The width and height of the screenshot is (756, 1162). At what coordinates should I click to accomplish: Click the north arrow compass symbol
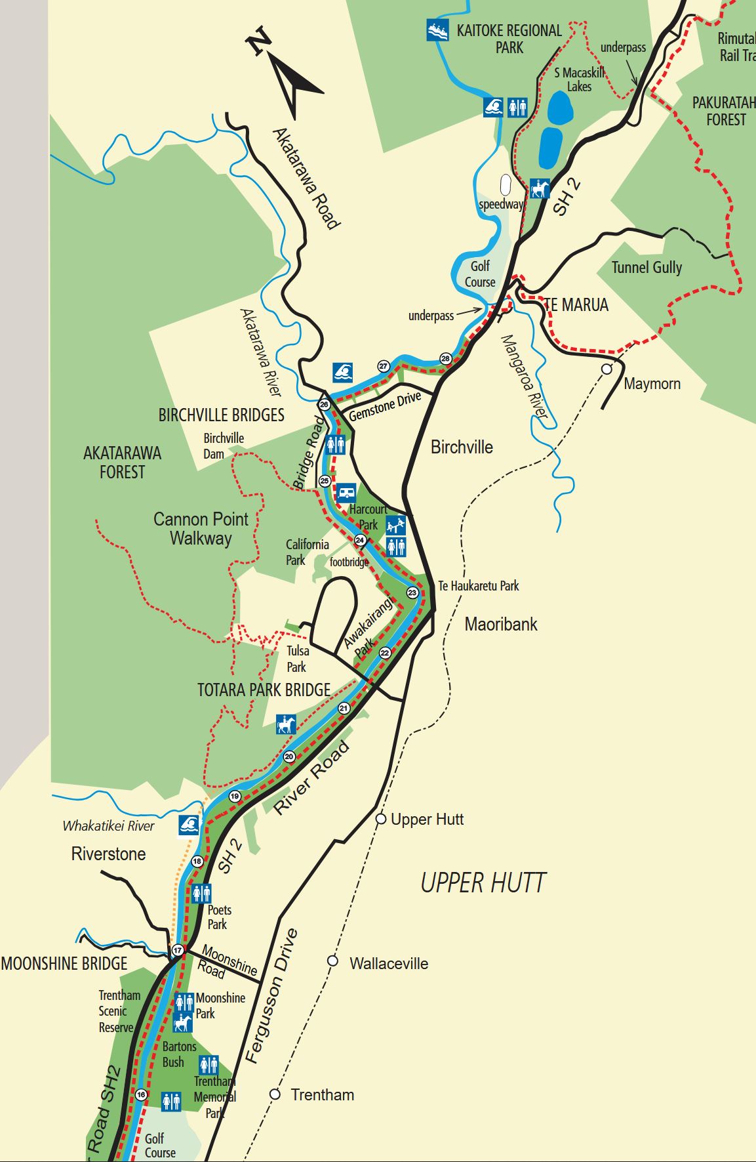point(288,75)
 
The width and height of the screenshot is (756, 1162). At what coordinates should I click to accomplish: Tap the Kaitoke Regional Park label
point(509,39)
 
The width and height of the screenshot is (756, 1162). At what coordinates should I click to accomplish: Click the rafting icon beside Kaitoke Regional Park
point(437,30)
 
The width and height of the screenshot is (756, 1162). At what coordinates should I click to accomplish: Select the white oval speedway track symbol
point(506,185)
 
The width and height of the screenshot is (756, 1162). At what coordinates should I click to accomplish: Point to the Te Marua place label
point(576,305)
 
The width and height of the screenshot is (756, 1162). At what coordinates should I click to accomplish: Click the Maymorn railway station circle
point(607,369)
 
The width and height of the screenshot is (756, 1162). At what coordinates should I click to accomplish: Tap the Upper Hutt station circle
point(381,819)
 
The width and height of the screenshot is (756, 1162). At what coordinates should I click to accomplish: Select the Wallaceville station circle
point(333,961)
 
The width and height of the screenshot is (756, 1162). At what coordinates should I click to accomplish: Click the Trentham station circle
point(275,1094)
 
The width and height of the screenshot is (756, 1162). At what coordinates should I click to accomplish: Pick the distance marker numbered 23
point(412,592)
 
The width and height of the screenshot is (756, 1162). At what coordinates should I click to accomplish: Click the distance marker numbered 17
point(178,950)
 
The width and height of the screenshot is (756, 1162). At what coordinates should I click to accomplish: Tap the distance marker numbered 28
point(446,358)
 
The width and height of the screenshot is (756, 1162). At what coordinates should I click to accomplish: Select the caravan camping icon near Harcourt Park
point(346,492)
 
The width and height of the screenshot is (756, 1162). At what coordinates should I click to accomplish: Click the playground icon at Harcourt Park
point(396,525)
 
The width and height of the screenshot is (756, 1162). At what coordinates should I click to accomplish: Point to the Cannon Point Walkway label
point(201,529)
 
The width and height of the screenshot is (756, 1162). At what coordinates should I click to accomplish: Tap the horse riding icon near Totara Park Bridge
point(286,724)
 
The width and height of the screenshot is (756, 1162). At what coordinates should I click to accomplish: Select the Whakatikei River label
point(108,826)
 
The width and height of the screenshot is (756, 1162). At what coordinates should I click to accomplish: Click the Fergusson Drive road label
point(271,996)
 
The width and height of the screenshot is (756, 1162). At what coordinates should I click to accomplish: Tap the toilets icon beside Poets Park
point(201,893)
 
